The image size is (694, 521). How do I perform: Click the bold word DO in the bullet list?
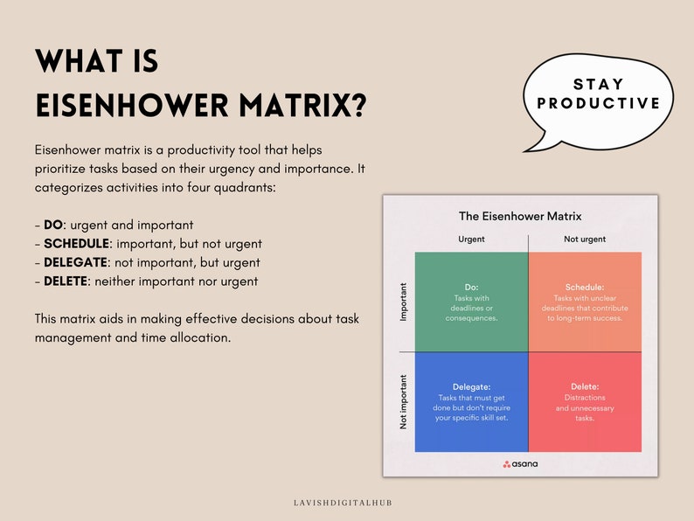(x=52, y=225)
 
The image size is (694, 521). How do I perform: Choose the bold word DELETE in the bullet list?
(x=66, y=281)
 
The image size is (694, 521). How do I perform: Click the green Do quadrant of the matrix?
(x=471, y=302)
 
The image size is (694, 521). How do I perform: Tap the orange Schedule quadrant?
(x=585, y=302)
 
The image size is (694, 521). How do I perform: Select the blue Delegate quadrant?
(x=471, y=402)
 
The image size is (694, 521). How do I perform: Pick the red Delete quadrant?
(x=585, y=402)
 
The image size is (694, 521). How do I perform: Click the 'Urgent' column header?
(x=471, y=239)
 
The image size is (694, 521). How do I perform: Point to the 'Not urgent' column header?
(x=585, y=239)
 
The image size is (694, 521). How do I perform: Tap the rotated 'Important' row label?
(x=404, y=302)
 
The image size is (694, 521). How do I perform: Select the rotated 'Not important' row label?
(x=404, y=401)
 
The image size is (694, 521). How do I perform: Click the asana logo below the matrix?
(x=520, y=464)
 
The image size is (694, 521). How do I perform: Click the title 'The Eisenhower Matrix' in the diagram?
(x=520, y=216)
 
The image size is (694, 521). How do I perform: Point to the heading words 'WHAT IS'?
(x=96, y=61)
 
